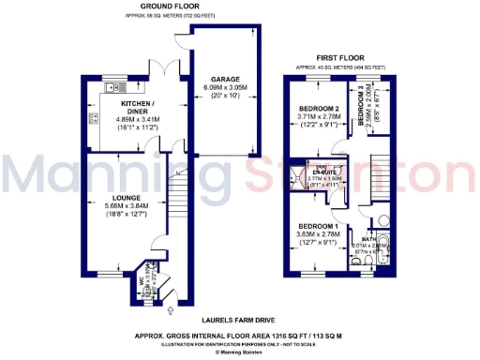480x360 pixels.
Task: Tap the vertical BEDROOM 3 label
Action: pyautogui.click(x=359, y=103)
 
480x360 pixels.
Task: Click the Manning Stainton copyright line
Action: pyautogui.click(x=240, y=352)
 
